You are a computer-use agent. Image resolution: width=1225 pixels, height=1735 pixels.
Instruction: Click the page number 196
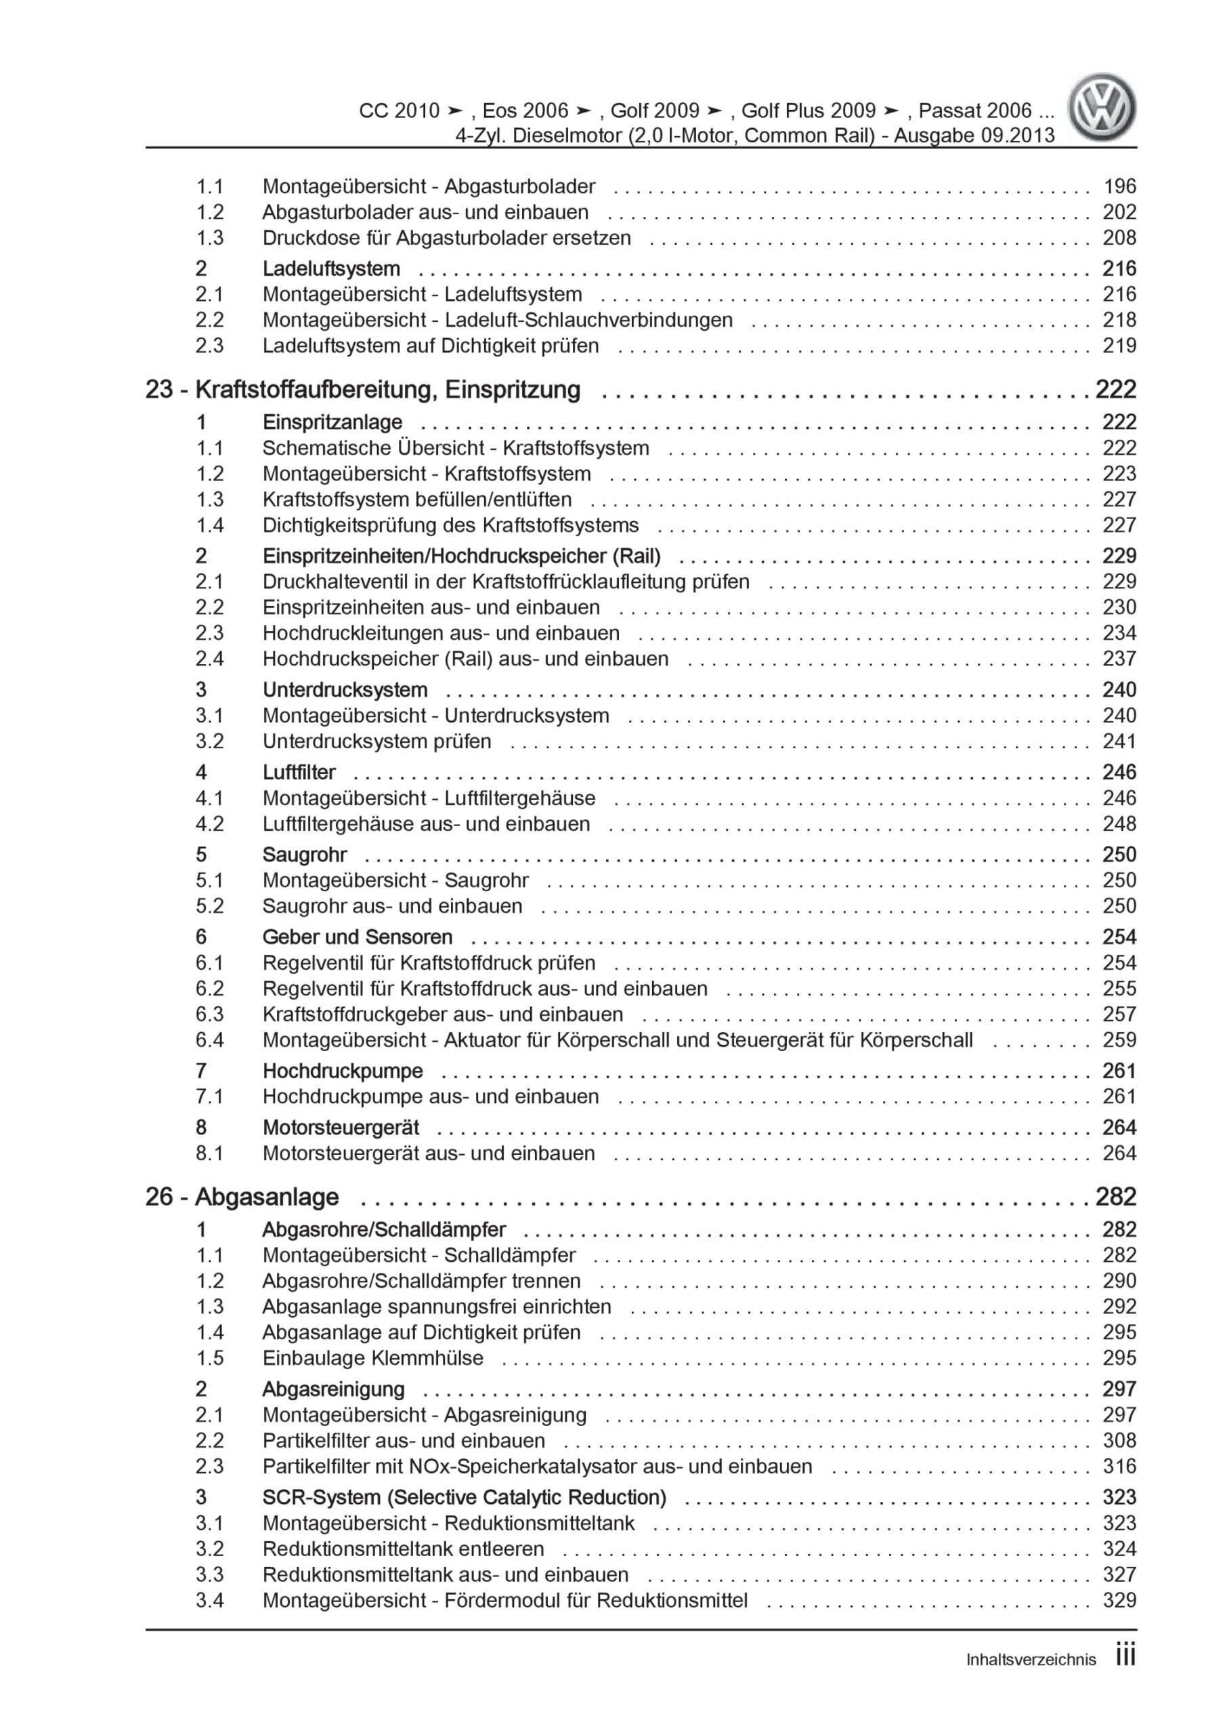click(x=1119, y=186)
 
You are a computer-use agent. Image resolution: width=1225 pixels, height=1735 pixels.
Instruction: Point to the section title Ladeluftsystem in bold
click(x=330, y=268)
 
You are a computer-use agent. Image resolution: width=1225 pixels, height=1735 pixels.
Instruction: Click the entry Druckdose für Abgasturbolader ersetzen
click(x=446, y=237)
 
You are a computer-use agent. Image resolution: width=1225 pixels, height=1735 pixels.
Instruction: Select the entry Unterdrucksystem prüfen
click(x=377, y=741)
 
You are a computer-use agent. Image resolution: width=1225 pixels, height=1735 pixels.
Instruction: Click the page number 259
click(x=1119, y=1040)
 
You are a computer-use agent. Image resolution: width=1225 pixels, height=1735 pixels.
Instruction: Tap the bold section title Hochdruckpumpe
click(x=342, y=1071)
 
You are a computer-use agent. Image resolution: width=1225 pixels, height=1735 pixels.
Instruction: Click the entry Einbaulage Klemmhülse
click(x=372, y=1358)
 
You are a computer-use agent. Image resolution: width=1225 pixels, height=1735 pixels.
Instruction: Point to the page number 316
click(x=1119, y=1466)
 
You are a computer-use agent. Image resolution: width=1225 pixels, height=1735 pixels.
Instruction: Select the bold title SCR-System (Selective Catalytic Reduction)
click(x=465, y=1497)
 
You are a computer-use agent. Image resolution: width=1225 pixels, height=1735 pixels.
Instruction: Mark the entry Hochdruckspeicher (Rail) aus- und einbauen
click(x=465, y=658)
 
